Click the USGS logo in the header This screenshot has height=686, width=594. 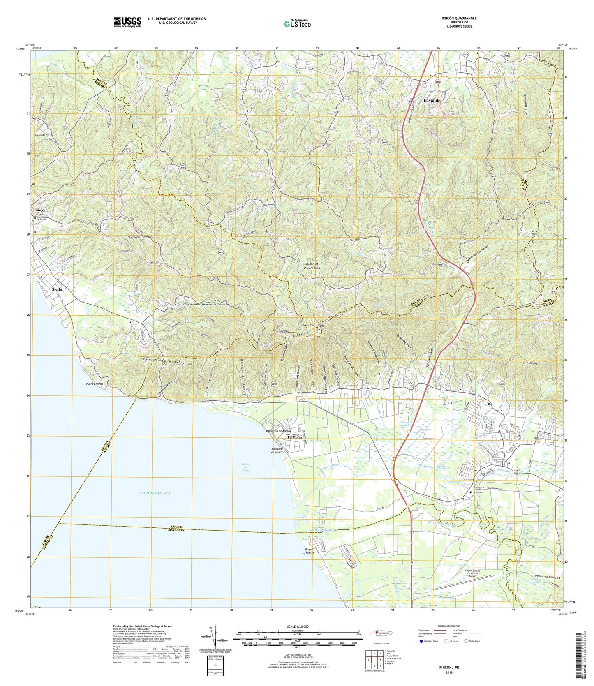point(127,21)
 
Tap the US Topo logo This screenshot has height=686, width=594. point(297,24)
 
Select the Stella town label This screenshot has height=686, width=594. point(57,289)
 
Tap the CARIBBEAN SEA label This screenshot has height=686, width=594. point(155,493)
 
